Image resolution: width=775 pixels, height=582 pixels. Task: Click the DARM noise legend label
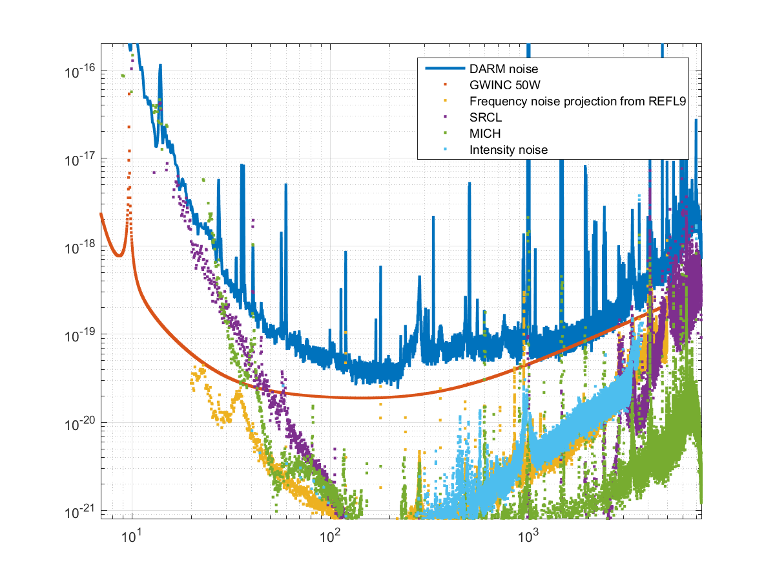(502, 69)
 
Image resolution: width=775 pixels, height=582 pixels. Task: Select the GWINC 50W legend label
(501, 85)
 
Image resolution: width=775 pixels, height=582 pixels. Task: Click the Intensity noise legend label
(509, 149)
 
